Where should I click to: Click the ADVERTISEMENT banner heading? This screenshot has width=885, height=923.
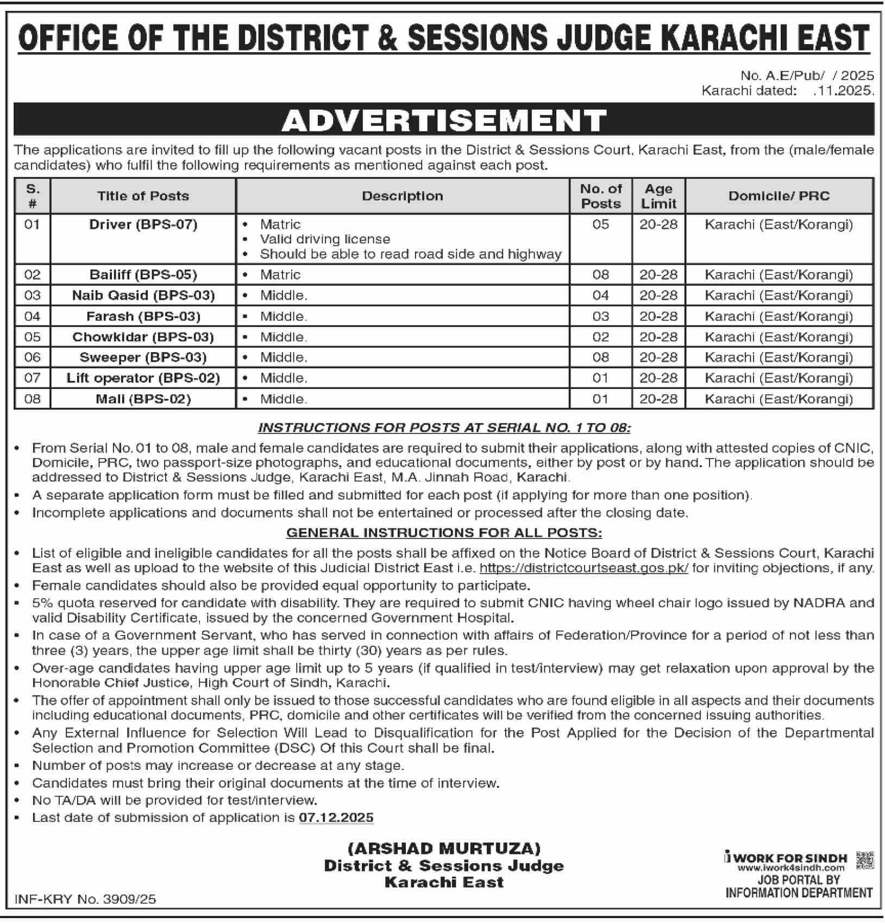[444, 120]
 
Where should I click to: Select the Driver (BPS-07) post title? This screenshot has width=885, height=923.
[143, 224]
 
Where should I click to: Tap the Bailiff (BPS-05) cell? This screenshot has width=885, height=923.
[143, 275]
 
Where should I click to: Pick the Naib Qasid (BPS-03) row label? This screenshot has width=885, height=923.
[143, 296]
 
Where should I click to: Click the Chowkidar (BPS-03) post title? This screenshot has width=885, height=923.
[143, 337]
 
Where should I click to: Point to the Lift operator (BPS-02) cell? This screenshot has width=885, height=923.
[143, 378]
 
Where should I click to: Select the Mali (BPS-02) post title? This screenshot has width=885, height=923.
[143, 399]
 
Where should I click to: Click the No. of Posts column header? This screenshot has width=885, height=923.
[600, 196]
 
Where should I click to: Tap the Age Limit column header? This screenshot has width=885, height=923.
[658, 196]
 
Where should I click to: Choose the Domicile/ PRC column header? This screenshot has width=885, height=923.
[779, 196]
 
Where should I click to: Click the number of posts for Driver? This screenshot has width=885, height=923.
[600, 224]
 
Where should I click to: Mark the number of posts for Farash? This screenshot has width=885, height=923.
[600, 316]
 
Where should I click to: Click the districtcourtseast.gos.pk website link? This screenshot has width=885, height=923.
[584, 568]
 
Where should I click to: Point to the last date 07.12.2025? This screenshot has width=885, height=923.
[336, 818]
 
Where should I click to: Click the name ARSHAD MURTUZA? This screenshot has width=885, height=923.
[444, 849]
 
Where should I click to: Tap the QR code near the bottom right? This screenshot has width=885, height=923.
[864, 861]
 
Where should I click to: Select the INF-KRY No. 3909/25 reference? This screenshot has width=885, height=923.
[85, 899]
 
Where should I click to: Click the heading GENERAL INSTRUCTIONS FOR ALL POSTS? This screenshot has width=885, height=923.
[444, 532]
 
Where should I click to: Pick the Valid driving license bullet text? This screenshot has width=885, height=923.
[325, 239]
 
